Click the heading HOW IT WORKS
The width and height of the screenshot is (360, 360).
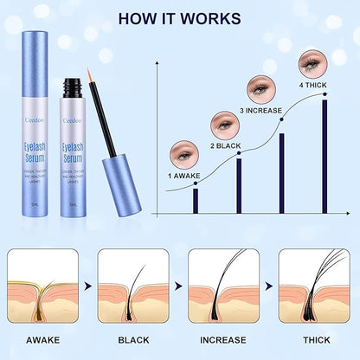coord(180,18)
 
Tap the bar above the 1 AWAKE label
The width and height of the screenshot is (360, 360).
coord(196,201)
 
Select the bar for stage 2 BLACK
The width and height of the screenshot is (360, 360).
coord(239,185)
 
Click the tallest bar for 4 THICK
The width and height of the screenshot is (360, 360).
coord(325,157)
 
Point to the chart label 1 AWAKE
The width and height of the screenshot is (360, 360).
coord(184,177)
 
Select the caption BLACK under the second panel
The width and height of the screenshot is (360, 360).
coord(132,339)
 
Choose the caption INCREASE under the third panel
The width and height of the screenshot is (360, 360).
coord(223,339)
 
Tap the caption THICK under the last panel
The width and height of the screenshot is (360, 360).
coord(312,339)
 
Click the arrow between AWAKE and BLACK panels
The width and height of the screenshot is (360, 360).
coord(87,283)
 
